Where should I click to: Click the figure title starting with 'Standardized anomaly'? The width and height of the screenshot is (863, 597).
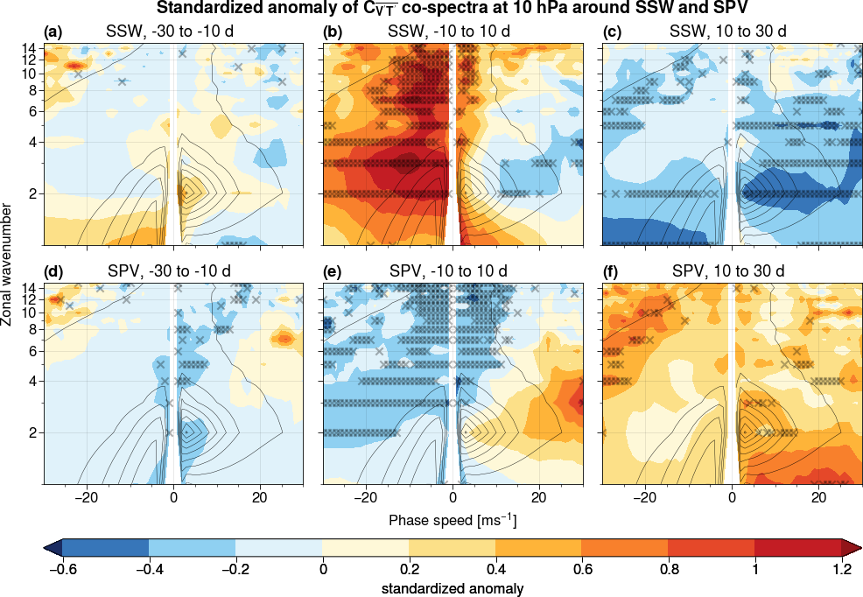451,10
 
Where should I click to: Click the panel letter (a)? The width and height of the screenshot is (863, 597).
54,32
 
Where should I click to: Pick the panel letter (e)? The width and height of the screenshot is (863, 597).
333,271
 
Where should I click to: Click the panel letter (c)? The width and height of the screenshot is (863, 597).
613,32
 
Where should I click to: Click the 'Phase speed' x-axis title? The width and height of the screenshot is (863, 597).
453,522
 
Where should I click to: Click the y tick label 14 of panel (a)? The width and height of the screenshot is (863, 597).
29,47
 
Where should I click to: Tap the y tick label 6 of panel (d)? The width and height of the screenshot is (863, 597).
32,350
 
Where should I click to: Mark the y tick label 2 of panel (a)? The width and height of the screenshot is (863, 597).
32,193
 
